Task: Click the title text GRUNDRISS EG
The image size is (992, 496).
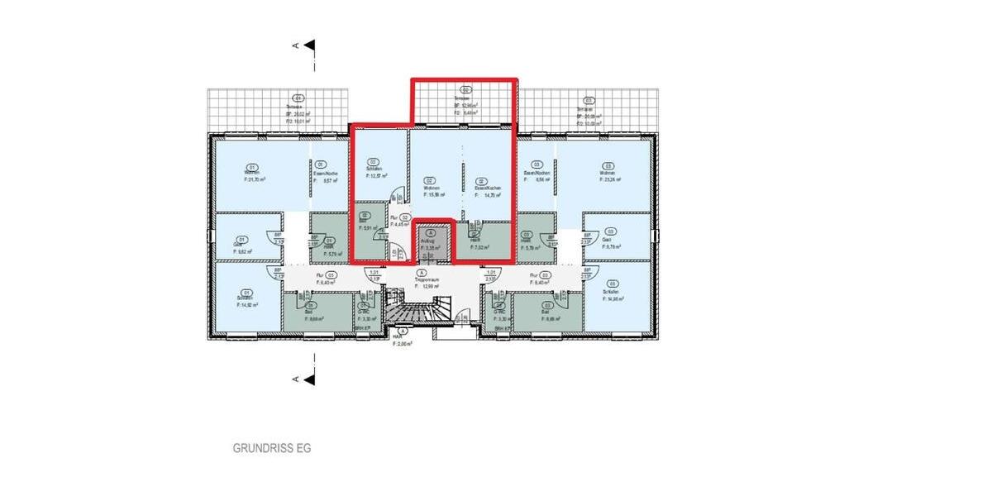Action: coord(271,449)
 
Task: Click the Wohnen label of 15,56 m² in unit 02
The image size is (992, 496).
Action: coord(431,188)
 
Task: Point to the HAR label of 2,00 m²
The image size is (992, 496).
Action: coord(401,340)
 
